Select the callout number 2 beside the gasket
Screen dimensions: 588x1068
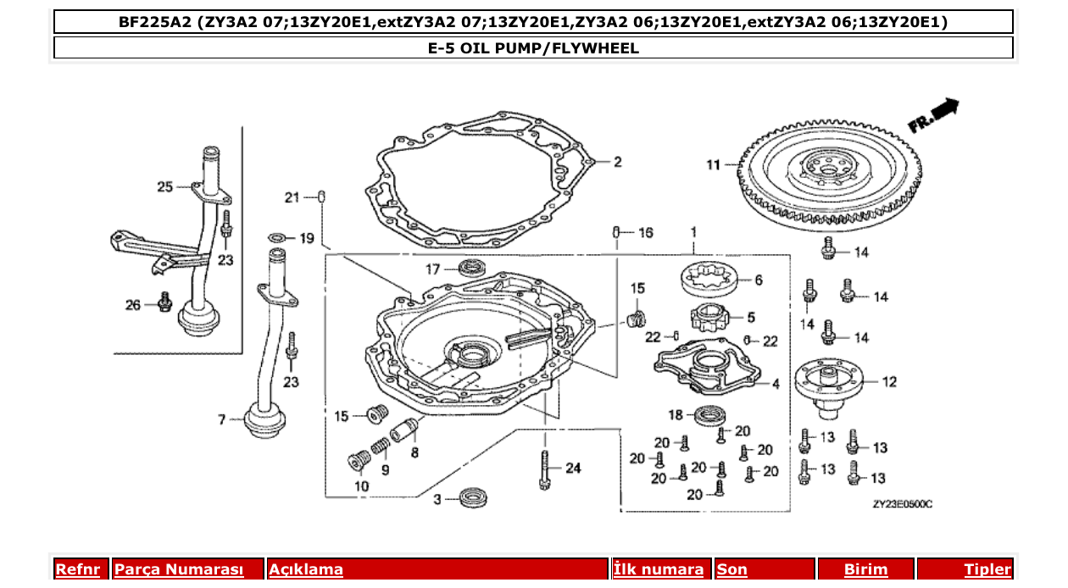[618, 162]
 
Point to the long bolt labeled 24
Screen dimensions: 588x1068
[543, 470]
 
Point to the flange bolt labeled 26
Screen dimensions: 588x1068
[164, 301]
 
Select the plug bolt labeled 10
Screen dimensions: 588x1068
[356, 462]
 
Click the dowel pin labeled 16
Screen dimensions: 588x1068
[619, 231]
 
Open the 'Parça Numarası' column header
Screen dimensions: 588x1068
[179, 569]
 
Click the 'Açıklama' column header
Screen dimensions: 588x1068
[306, 569]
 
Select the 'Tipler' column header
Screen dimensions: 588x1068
[987, 569]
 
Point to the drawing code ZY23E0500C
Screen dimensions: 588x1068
[902, 504]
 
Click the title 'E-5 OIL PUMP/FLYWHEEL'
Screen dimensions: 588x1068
[533, 48]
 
